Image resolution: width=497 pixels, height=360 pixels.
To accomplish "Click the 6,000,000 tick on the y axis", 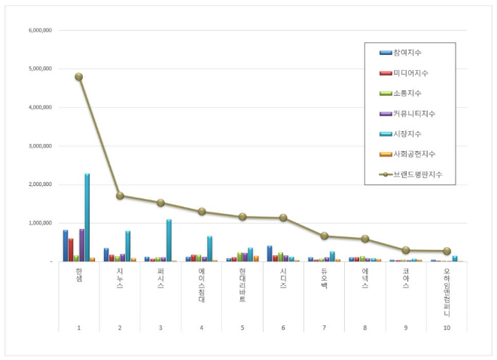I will click(x=38, y=30).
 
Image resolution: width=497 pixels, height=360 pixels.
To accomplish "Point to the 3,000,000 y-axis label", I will click(x=38, y=146).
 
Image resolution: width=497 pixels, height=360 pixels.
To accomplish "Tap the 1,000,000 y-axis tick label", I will click(x=38, y=223).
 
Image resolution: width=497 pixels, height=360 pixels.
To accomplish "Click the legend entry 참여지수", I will click(x=407, y=52).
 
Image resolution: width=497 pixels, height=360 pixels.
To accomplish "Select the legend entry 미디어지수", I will click(x=409, y=72).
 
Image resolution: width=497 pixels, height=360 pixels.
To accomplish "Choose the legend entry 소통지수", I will click(x=407, y=93).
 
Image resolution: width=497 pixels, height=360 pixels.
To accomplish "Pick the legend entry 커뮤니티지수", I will click(x=413, y=113).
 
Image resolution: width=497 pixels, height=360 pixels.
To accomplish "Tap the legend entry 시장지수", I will click(x=407, y=133).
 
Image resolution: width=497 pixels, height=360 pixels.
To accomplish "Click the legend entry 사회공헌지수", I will click(x=413, y=154).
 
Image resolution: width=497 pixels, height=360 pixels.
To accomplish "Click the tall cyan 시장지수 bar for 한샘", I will click(x=87, y=218).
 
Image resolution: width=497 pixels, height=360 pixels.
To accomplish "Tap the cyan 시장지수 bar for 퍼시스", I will click(x=169, y=240).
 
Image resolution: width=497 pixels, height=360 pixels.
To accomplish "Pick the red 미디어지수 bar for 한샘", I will click(x=71, y=250).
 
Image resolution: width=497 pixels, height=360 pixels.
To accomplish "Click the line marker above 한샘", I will click(x=79, y=77).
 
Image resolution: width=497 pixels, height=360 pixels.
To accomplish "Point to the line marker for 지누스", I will click(x=120, y=196).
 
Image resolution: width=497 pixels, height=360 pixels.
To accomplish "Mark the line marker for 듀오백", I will click(x=324, y=236).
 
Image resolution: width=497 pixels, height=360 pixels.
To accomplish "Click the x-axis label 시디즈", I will click(x=283, y=279).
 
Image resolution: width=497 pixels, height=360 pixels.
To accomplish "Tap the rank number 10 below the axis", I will click(x=447, y=328).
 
